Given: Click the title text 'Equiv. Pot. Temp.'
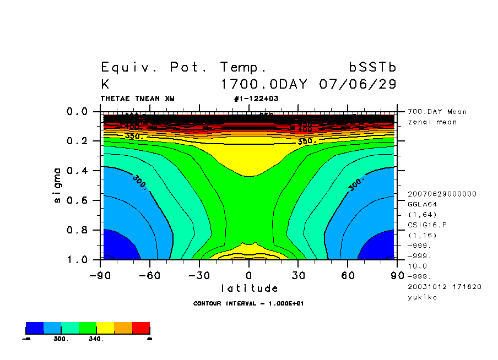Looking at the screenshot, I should pyautogui.click(x=184, y=68).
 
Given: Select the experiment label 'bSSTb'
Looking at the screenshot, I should pyautogui.click(x=372, y=68).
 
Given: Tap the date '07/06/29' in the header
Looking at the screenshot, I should pyautogui.click(x=358, y=85).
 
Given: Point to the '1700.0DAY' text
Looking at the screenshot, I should pyautogui.click(x=266, y=85).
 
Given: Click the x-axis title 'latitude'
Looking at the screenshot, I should pyautogui.click(x=249, y=288).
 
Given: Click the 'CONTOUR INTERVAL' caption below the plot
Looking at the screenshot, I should pyautogui.click(x=248, y=303).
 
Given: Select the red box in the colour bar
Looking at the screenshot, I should pyautogui.click(x=141, y=328).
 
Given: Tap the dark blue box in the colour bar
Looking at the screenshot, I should pyautogui.click(x=35, y=328).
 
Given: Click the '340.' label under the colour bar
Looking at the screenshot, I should pyautogui.click(x=96, y=339).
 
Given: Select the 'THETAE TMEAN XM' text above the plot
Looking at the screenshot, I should pyautogui.click(x=137, y=99).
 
